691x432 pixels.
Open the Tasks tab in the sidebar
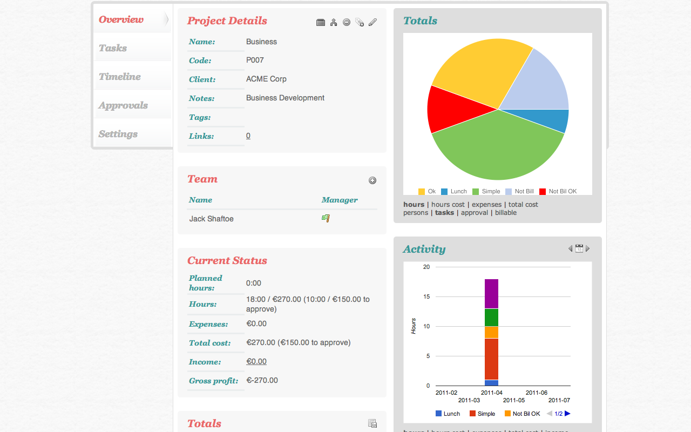point(113,48)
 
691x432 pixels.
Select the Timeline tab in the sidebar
point(119,77)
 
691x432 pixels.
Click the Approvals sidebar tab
point(123,105)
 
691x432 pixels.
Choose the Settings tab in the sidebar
point(118,134)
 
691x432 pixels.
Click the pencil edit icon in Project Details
point(372,22)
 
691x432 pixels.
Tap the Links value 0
point(248,136)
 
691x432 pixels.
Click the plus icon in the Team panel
point(372,180)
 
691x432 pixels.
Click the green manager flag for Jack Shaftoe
point(326,218)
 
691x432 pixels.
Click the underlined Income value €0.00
point(256,362)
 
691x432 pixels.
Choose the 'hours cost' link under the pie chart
point(448,205)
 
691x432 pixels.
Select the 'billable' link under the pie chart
point(506,213)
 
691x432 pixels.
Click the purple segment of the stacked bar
point(491,294)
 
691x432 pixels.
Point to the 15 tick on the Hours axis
point(426,296)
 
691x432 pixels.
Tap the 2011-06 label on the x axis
point(537,393)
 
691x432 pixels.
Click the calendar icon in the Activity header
point(579,248)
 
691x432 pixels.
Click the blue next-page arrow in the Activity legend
point(567,414)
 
